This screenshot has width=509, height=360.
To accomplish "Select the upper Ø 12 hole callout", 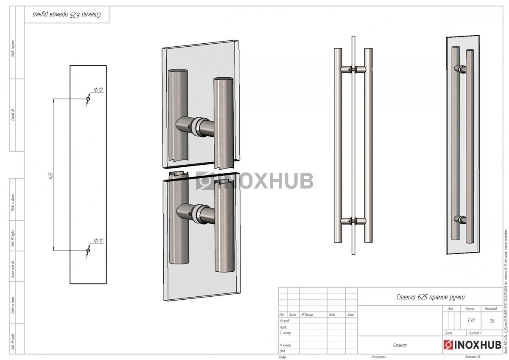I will (x=98, y=90).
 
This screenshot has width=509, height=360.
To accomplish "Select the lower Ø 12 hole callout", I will (x=98, y=241).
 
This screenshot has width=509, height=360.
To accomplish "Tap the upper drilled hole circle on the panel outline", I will (x=88, y=99).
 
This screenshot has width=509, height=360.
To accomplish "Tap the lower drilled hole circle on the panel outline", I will (x=88, y=250).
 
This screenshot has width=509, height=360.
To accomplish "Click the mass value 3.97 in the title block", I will (x=471, y=321).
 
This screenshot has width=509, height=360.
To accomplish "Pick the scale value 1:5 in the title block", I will (x=492, y=321).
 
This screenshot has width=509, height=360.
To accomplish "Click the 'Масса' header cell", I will (x=471, y=309).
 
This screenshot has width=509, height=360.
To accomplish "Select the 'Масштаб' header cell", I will (x=492, y=309).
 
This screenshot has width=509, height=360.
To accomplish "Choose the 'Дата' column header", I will (x=350, y=315).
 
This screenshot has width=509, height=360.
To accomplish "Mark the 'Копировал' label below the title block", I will (x=379, y=357).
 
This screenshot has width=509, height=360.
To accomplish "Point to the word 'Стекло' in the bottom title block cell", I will (x=400, y=345).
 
